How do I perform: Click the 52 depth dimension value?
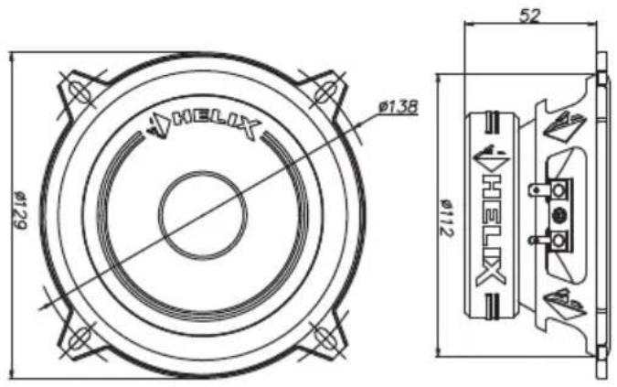pos(530,15)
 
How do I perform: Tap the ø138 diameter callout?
pos(398,106)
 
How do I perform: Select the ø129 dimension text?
pos(19,210)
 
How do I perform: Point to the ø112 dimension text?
pos(446,218)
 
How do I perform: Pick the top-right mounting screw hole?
pos(325,91)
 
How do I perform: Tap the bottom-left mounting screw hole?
pos(80,338)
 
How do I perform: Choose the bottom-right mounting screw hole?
pos(324,338)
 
